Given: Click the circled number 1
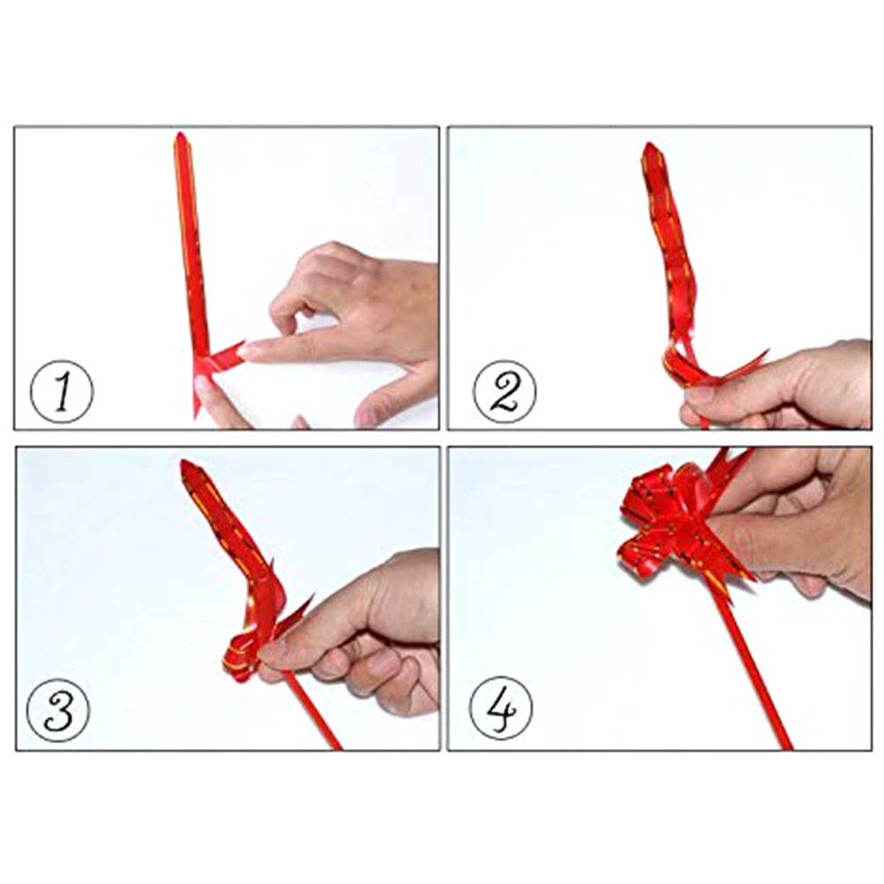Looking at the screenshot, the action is point(62,391).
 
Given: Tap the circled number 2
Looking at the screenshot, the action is point(505,391).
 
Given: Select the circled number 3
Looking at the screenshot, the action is point(58,709).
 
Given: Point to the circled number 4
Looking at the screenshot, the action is point(501,708).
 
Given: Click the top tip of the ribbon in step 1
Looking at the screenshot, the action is point(180,133).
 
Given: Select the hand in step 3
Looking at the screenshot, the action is point(361,632).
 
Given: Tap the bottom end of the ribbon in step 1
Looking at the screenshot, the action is point(196,416).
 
